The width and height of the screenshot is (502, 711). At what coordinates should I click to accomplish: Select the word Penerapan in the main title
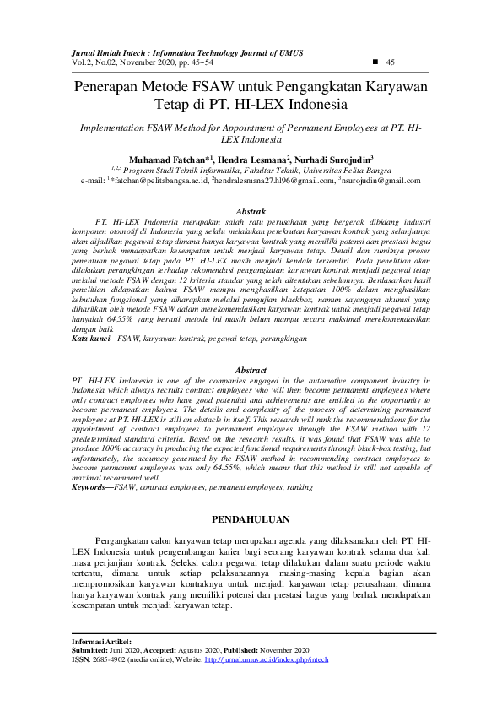pos(110,87)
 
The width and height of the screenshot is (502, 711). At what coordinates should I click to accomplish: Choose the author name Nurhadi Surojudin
pos(333,159)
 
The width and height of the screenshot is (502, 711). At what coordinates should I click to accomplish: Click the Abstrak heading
pos(251,210)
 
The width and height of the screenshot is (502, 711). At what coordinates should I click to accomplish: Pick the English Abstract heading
pos(251,371)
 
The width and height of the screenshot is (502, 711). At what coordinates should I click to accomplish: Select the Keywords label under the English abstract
pos(93,488)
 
